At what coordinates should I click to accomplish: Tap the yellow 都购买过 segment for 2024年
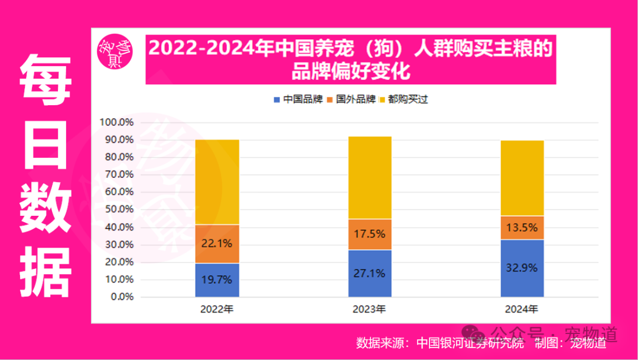[x=522, y=178]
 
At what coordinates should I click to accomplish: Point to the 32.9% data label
[x=522, y=268]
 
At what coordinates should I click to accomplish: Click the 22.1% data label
[x=217, y=244]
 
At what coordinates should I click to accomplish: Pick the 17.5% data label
[x=369, y=234]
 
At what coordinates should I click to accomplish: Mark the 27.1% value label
[x=369, y=273]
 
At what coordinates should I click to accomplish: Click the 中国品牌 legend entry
[x=298, y=99]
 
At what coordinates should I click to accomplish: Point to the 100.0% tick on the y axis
[x=118, y=123]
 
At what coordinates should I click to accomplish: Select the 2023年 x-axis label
[x=369, y=309]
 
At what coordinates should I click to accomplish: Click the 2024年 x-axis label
[x=522, y=309]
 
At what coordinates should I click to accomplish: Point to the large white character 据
[x=46, y=272]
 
